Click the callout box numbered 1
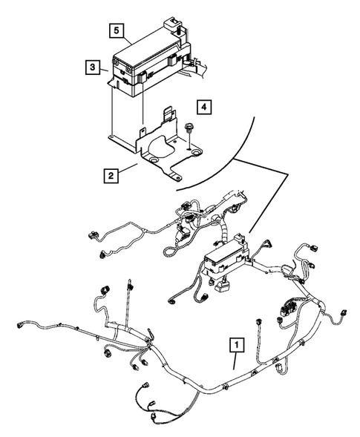[x=237, y=345]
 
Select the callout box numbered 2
[x=111, y=176]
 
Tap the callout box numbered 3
[x=92, y=67]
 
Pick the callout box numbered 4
[x=204, y=106]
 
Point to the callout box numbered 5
[x=117, y=30]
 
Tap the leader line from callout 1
[x=235, y=361]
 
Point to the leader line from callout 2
[x=129, y=168]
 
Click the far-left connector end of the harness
[x=20, y=325]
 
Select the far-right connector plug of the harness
[x=344, y=312]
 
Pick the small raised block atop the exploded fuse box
[x=172, y=24]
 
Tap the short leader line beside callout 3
[x=104, y=70]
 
